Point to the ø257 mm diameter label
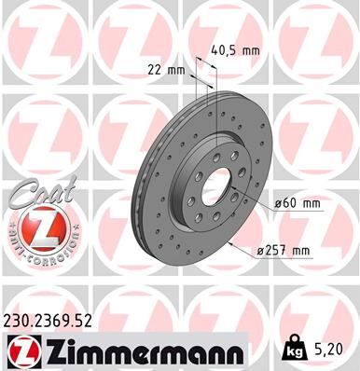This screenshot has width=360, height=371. point(285,249)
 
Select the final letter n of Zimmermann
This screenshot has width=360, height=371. point(238,353)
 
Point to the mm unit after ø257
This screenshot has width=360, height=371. point(300,249)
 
